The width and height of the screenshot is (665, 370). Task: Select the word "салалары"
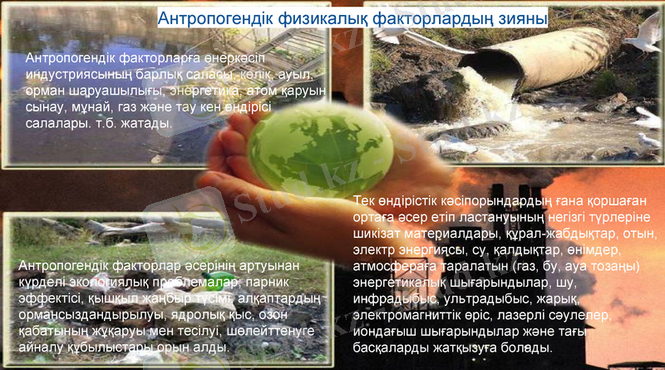click(x=56, y=124)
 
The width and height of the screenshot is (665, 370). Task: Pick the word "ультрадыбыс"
click(x=482, y=299)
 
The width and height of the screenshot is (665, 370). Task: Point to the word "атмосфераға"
click(x=392, y=266)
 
